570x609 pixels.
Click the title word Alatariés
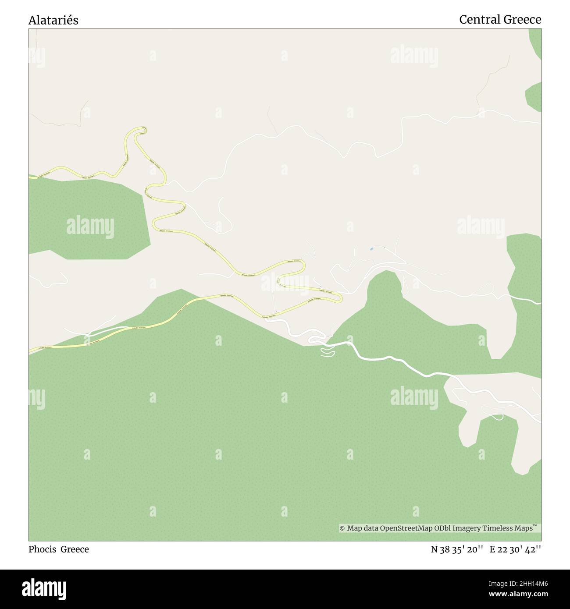[53, 20]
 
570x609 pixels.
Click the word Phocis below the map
[43, 549]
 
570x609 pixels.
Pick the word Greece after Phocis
[75, 549]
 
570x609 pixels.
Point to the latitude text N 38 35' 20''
[457, 549]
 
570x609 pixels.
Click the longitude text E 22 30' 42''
[515, 549]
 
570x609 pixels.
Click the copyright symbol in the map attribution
[342, 528]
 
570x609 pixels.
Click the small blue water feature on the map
[372, 249]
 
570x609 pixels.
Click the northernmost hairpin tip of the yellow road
[141, 129]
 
